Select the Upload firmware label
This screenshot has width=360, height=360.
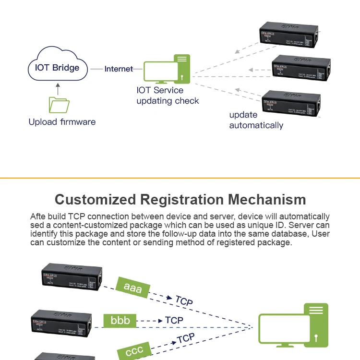pos(62,122)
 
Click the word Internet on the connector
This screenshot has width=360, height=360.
pos(119,69)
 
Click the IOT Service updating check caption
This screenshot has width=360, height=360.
pos(168,96)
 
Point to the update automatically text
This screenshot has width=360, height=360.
pos(256,120)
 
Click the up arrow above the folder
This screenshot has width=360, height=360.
pos(58,89)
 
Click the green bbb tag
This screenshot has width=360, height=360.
pos(120,320)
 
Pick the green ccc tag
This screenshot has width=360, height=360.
pos(134,351)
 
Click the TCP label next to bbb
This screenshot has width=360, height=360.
pos(174,320)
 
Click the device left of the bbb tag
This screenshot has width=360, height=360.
pos(61,322)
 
